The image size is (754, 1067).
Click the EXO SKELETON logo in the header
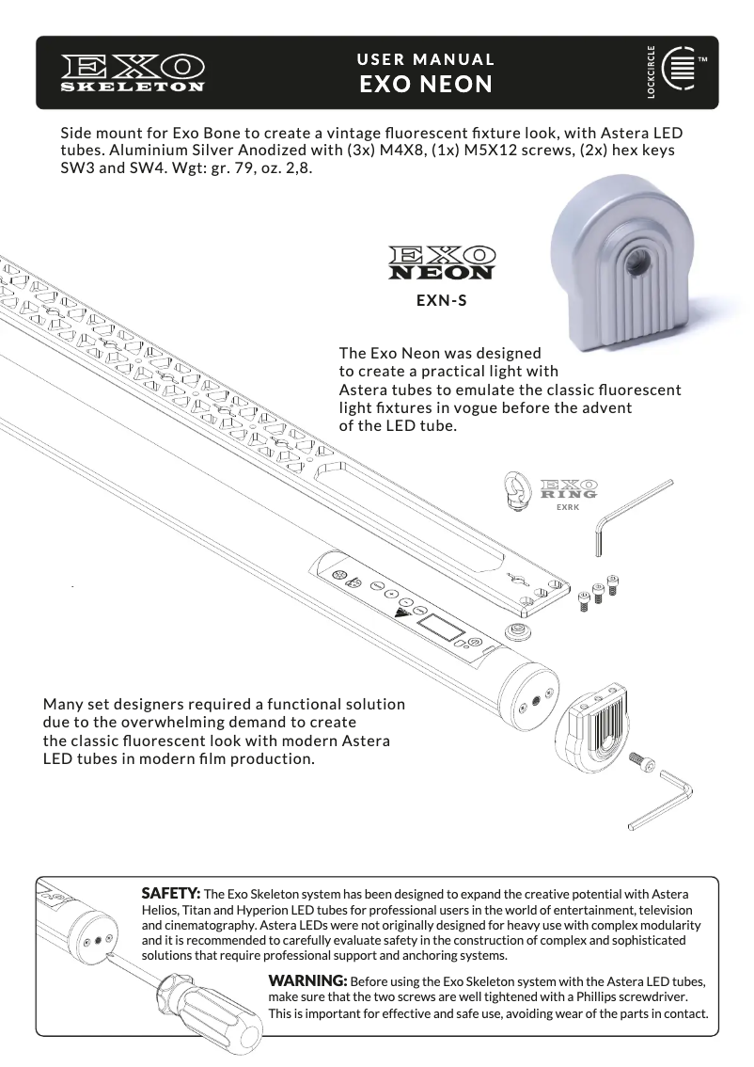tap(133, 73)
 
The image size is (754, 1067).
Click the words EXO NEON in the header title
tap(426, 85)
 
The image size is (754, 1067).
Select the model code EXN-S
tap(442, 300)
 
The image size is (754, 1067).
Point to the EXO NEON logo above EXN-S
tap(442, 263)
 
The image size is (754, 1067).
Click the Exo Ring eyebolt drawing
tap(520, 490)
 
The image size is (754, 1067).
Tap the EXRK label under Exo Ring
tap(568, 507)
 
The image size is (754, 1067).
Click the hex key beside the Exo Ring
tap(634, 517)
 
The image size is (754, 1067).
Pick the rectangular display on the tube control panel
tap(441, 626)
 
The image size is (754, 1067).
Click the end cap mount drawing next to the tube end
tap(590, 729)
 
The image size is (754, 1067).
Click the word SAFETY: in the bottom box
tap(171, 894)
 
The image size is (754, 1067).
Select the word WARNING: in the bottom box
tap(307, 980)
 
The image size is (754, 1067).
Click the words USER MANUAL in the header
tap(426, 60)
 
